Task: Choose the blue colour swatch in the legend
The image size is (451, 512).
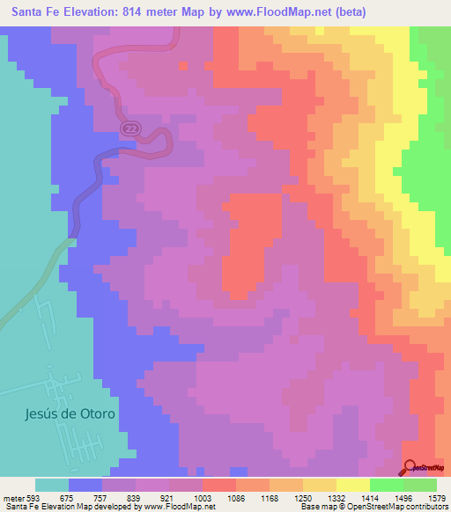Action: [x=85, y=485]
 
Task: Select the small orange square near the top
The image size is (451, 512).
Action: [x=183, y=64]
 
